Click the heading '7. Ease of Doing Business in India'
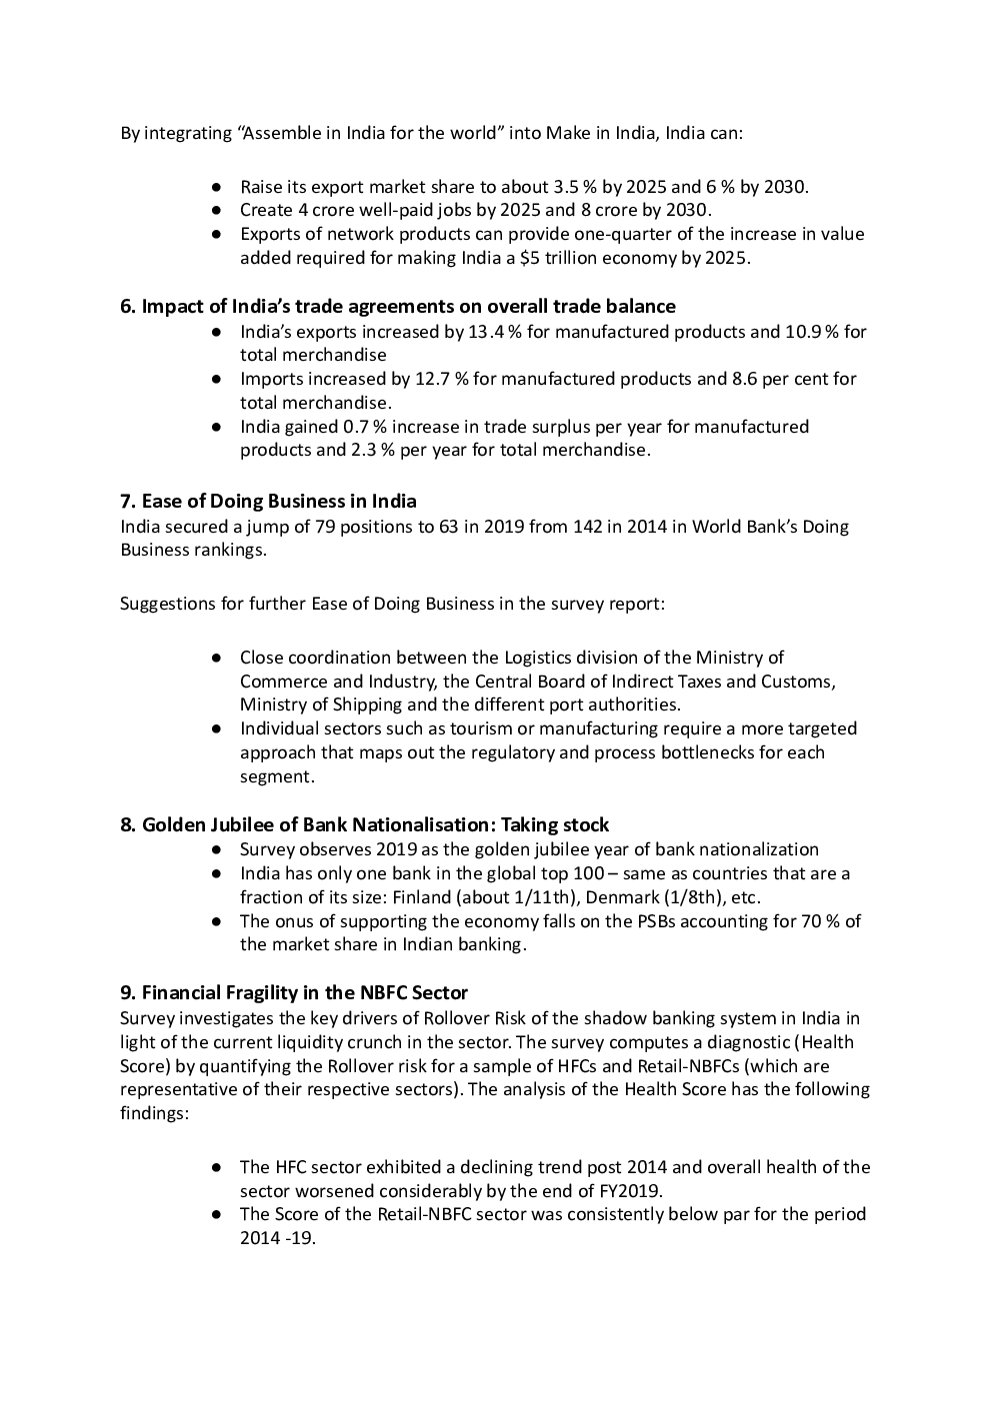pos(268,501)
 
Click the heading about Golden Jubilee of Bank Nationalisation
pos(364,824)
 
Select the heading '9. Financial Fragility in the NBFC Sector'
pos(294,992)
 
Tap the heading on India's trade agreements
pos(398,306)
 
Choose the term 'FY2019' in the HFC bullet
pos(631,1190)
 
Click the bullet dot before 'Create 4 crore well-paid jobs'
pos(216,210)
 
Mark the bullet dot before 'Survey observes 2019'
pos(216,849)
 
